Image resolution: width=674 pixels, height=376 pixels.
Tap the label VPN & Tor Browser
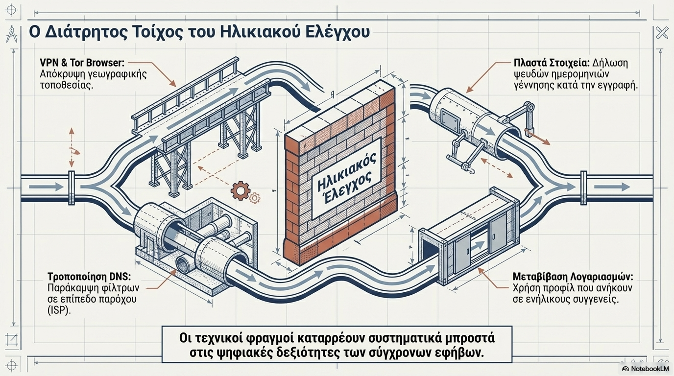[83, 63]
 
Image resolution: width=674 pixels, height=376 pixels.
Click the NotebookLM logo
[645, 369]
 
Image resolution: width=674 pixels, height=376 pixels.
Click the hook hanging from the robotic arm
[471, 170]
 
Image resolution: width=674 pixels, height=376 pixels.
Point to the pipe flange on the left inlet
[72, 187]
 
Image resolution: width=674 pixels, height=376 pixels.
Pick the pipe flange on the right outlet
[583, 187]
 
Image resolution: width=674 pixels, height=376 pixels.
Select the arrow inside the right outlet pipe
[618, 187]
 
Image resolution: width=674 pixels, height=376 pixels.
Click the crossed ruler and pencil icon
[662, 34]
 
